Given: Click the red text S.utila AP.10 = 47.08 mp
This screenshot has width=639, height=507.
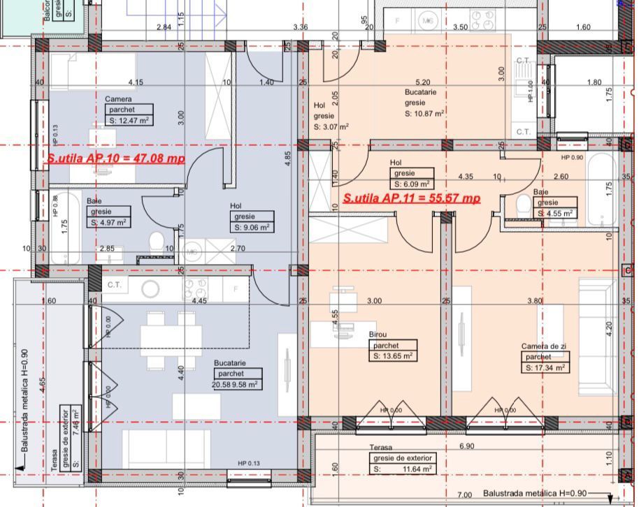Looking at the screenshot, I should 116,159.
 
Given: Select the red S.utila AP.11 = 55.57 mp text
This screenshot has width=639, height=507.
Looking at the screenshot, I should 412,198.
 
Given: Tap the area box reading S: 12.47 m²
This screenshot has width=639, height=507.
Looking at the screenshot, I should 129,120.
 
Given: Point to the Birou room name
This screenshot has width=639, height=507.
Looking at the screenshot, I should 378,335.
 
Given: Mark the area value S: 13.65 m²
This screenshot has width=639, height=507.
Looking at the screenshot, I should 392,355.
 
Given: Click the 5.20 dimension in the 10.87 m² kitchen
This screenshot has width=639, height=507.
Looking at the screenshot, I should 422,82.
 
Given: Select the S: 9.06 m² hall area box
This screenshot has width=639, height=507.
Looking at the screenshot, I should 251,227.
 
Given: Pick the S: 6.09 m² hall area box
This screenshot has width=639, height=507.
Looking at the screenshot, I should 413,184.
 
